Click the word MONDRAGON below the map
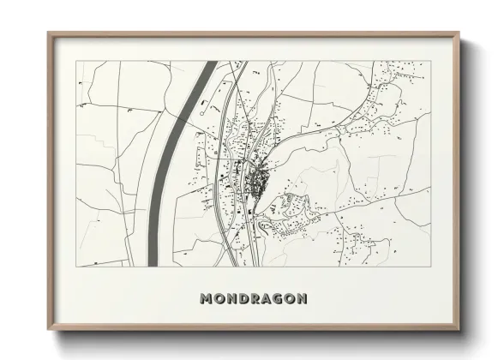tap(253, 299)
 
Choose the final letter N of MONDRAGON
tap(301, 299)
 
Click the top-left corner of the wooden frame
tap(48, 33)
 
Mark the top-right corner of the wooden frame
tap(461, 33)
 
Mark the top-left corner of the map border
tap(75, 62)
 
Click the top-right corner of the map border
tap(429, 62)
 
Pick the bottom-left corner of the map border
tap(75, 267)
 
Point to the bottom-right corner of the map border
tap(429, 267)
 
